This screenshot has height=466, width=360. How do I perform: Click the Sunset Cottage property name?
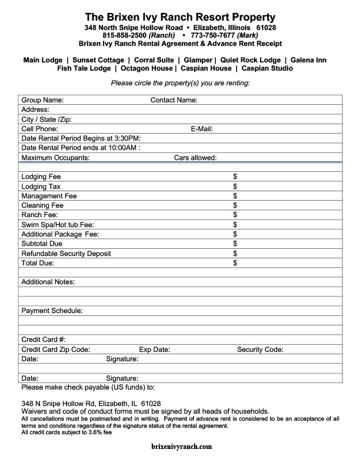point(98,60)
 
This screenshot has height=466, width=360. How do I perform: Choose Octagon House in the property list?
point(147,68)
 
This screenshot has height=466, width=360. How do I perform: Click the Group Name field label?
point(42,100)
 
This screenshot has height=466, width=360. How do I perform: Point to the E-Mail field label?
point(201,129)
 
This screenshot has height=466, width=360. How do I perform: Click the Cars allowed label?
point(195,158)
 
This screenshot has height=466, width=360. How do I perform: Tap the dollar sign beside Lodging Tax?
point(235,187)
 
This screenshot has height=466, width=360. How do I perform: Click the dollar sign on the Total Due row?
point(235,263)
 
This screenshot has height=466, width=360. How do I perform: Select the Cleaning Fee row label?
point(42,205)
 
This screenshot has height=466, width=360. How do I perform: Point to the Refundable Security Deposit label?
point(66,254)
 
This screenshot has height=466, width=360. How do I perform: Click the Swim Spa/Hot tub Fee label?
point(58,225)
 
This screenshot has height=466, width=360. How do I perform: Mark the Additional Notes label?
point(48,282)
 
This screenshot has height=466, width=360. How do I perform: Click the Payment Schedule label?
point(52,311)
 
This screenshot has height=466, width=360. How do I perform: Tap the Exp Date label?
point(154,349)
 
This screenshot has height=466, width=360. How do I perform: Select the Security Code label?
point(260,349)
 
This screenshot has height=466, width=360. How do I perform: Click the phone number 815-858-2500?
point(125,35)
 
